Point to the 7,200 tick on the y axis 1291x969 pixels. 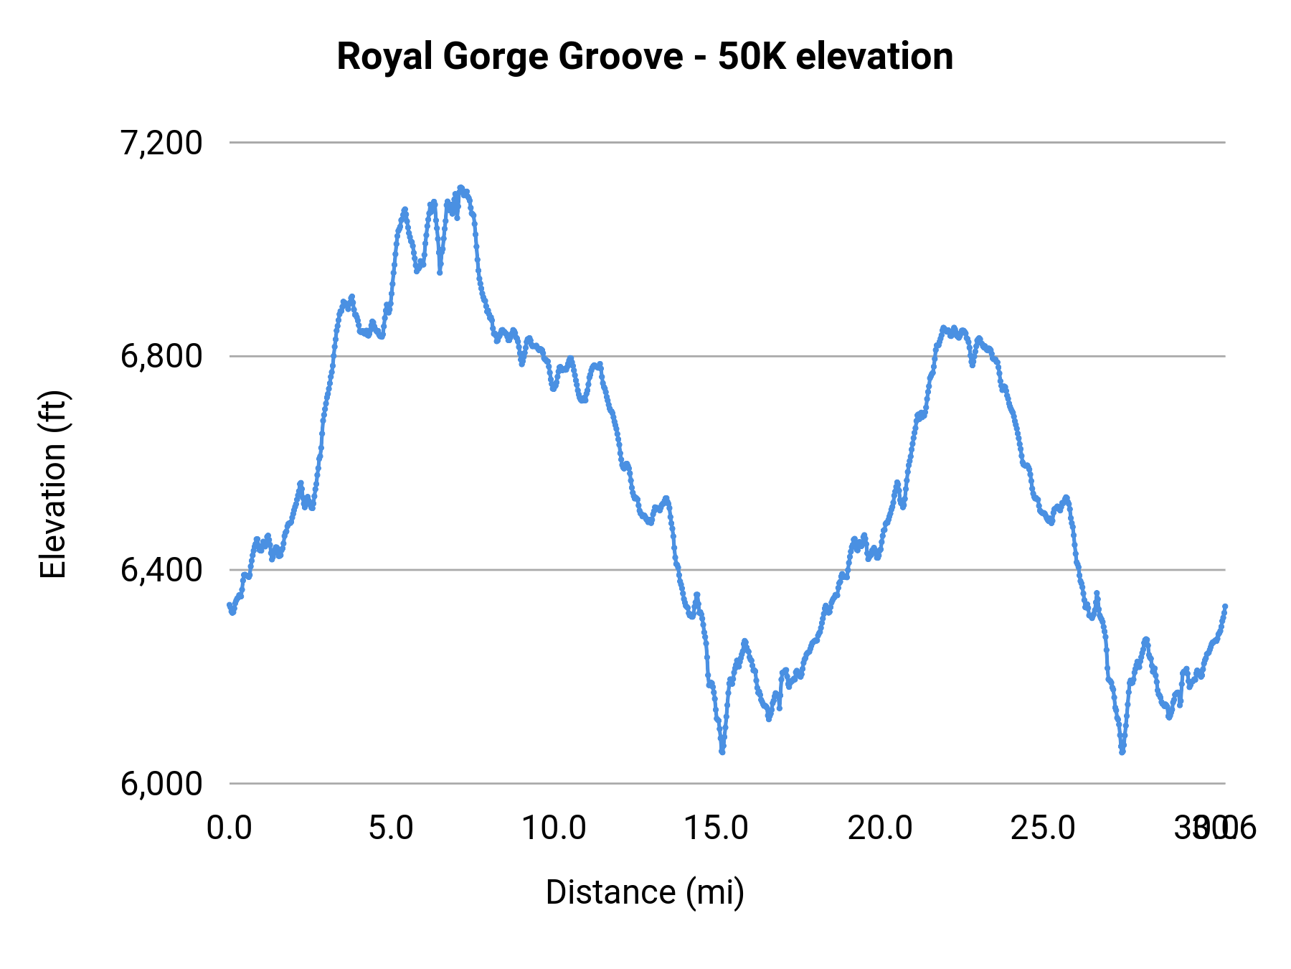pyautogui.click(x=161, y=143)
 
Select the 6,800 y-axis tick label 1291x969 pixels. pyautogui.click(x=161, y=356)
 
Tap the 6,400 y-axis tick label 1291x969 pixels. pyautogui.click(x=161, y=570)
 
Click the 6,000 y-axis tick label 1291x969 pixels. pyautogui.click(x=161, y=784)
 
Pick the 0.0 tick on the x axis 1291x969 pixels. pyautogui.click(x=230, y=828)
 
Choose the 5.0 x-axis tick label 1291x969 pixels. pyautogui.click(x=392, y=828)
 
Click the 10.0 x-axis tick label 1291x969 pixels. pyautogui.click(x=554, y=828)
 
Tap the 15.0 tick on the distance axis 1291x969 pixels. pyautogui.click(x=717, y=828)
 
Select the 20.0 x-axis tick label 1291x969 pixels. pyautogui.click(x=880, y=828)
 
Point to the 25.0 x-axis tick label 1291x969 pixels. pyautogui.click(x=1043, y=828)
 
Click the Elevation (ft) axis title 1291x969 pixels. pyautogui.click(x=53, y=485)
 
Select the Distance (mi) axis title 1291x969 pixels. pyautogui.click(x=645, y=892)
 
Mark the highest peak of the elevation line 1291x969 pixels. pyautogui.click(x=460, y=187)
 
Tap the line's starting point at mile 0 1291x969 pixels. pyautogui.click(x=230, y=605)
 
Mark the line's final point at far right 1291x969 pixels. pyautogui.click(x=1225, y=607)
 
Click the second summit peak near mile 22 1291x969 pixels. pyautogui.click(x=944, y=328)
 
